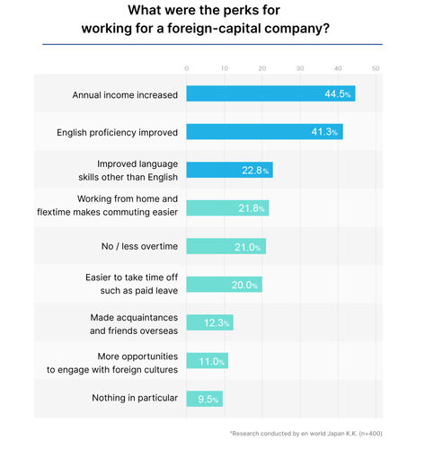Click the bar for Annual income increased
(270, 93)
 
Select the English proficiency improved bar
(264, 132)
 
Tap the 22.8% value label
(255, 171)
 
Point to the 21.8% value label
(252, 208)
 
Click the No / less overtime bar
(226, 246)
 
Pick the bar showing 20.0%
(225, 285)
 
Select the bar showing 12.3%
(209, 322)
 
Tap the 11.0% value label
(212, 361)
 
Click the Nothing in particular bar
(205, 399)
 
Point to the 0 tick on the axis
(186, 68)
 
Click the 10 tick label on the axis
(225, 68)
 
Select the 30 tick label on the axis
(300, 68)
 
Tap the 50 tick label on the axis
(376, 68)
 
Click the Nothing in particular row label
(135, 398)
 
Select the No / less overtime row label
(139, 246)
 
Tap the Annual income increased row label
(125, 95)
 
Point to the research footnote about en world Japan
(305, 433)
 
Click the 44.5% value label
(337, 93)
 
